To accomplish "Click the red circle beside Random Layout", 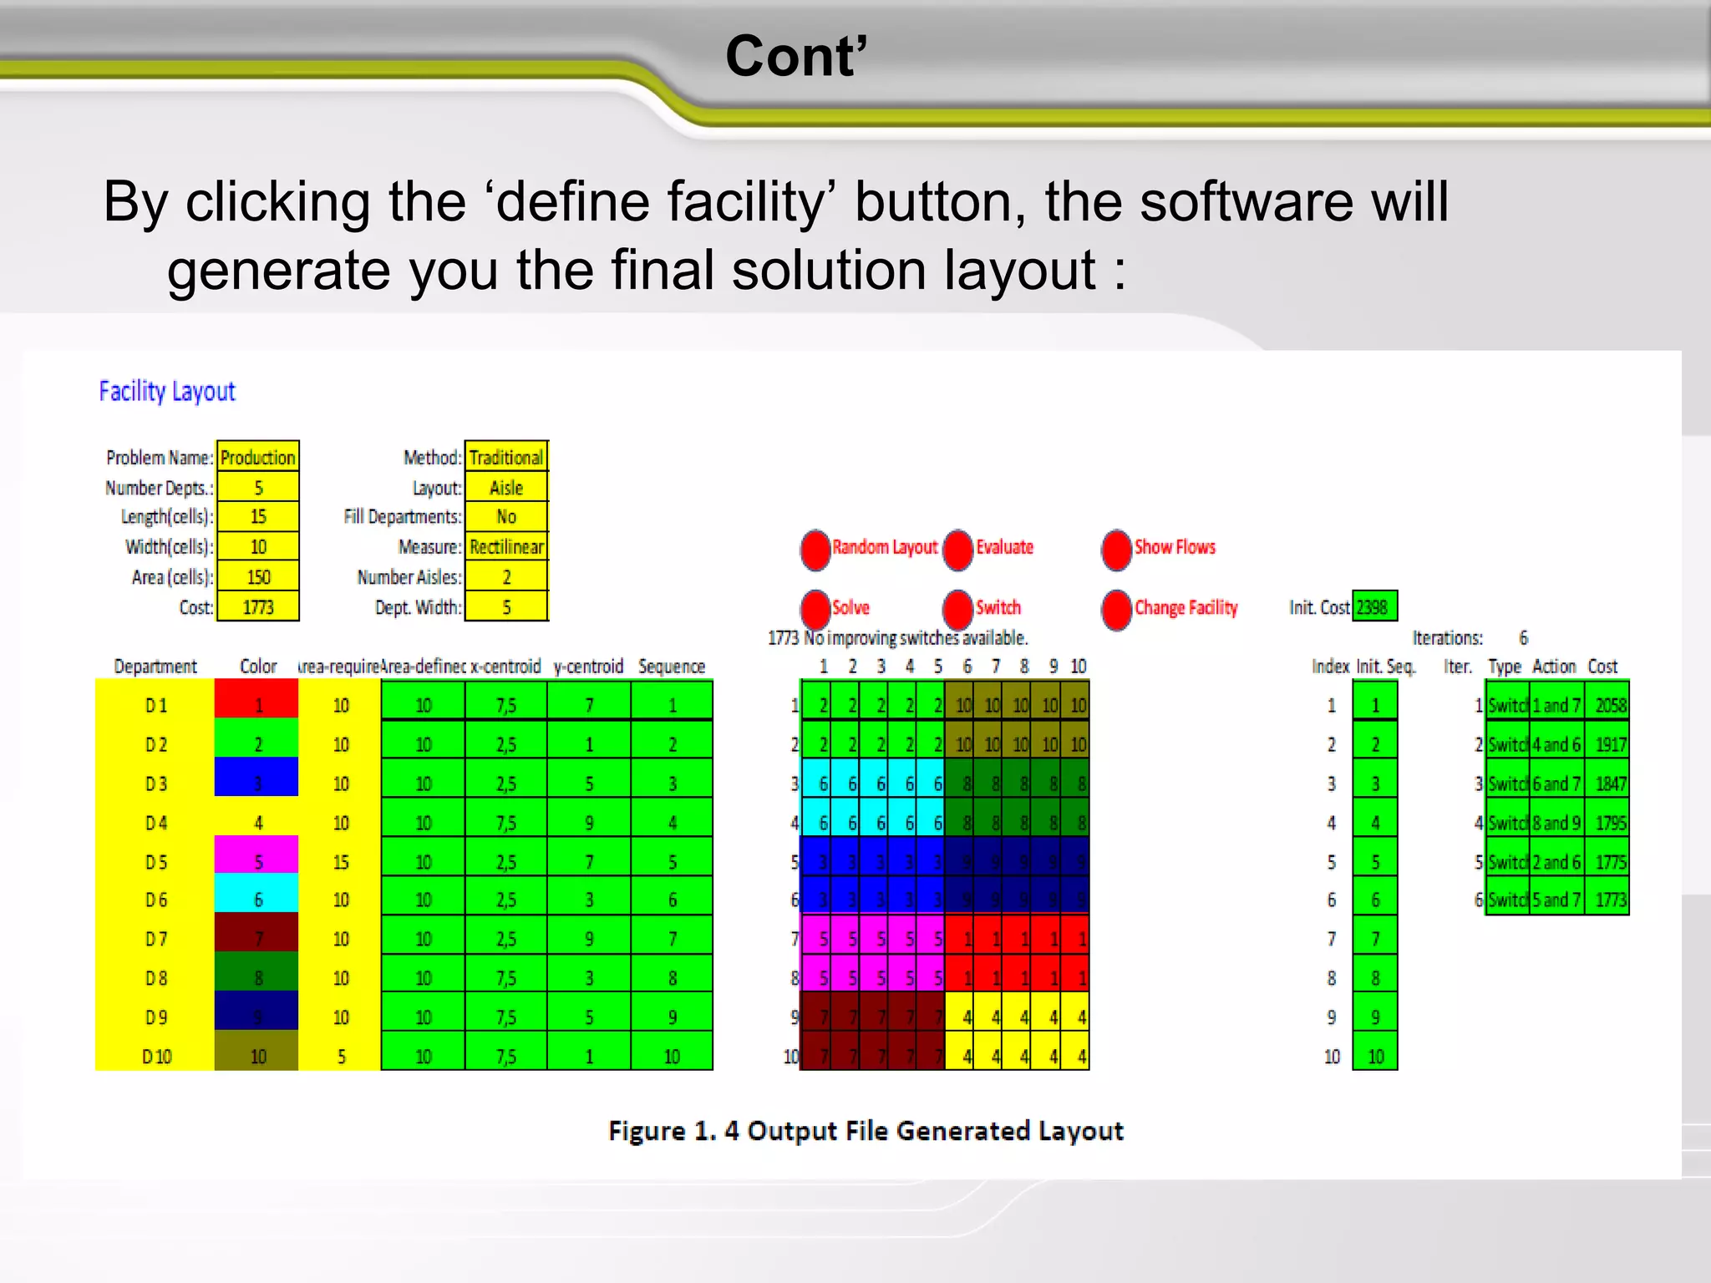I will [815, 549].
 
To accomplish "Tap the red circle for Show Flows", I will [1116, 549].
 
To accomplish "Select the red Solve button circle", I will [815, 609].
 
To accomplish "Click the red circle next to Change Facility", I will [1116, 609].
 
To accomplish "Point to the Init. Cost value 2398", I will [1373, 607].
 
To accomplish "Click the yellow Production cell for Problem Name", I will [257, 458].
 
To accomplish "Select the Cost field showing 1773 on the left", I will [257, 607].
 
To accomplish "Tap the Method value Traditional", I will [506, 458].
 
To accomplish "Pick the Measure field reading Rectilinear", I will [506, 547].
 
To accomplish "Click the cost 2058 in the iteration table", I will [1609, 706].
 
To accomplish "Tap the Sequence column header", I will [672, 667].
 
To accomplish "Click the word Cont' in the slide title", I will [796, 57].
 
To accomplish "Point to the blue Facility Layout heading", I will [167, 391].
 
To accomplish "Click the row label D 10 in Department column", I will [156, 1057].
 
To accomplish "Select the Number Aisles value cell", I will [506, 577].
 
